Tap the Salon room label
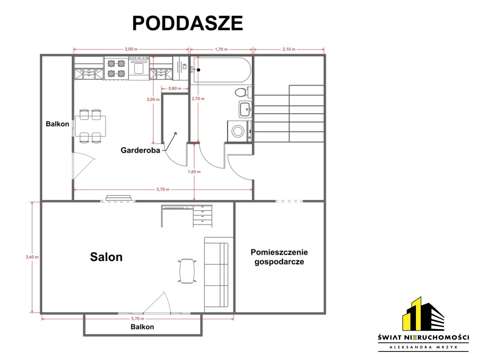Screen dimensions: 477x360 click(106, 257)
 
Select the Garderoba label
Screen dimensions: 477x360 click(141, 150)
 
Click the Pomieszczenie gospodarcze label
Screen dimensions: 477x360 click(279, 257)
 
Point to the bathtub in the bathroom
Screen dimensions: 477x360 click(222, 70)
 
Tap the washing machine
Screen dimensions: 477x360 click(239, 131)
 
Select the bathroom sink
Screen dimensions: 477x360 click(245, 109)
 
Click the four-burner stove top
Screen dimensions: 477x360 click(116, 69)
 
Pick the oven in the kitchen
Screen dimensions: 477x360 click(139, 69)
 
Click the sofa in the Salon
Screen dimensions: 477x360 click(217, 275)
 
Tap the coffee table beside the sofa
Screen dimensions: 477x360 click(187, 271)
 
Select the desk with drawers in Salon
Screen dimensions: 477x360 click(187, 216)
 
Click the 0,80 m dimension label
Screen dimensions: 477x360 click(175, 88)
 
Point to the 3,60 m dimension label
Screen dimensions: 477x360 click(32, 257)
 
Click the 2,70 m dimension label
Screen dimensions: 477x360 click(198, 99)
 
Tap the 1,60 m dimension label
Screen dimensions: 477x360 click(194, 172)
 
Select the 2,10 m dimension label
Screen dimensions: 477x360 click(289, 49)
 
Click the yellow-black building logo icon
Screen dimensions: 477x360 click(423, 314)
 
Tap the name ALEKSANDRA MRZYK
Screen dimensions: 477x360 click(423, 347)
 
